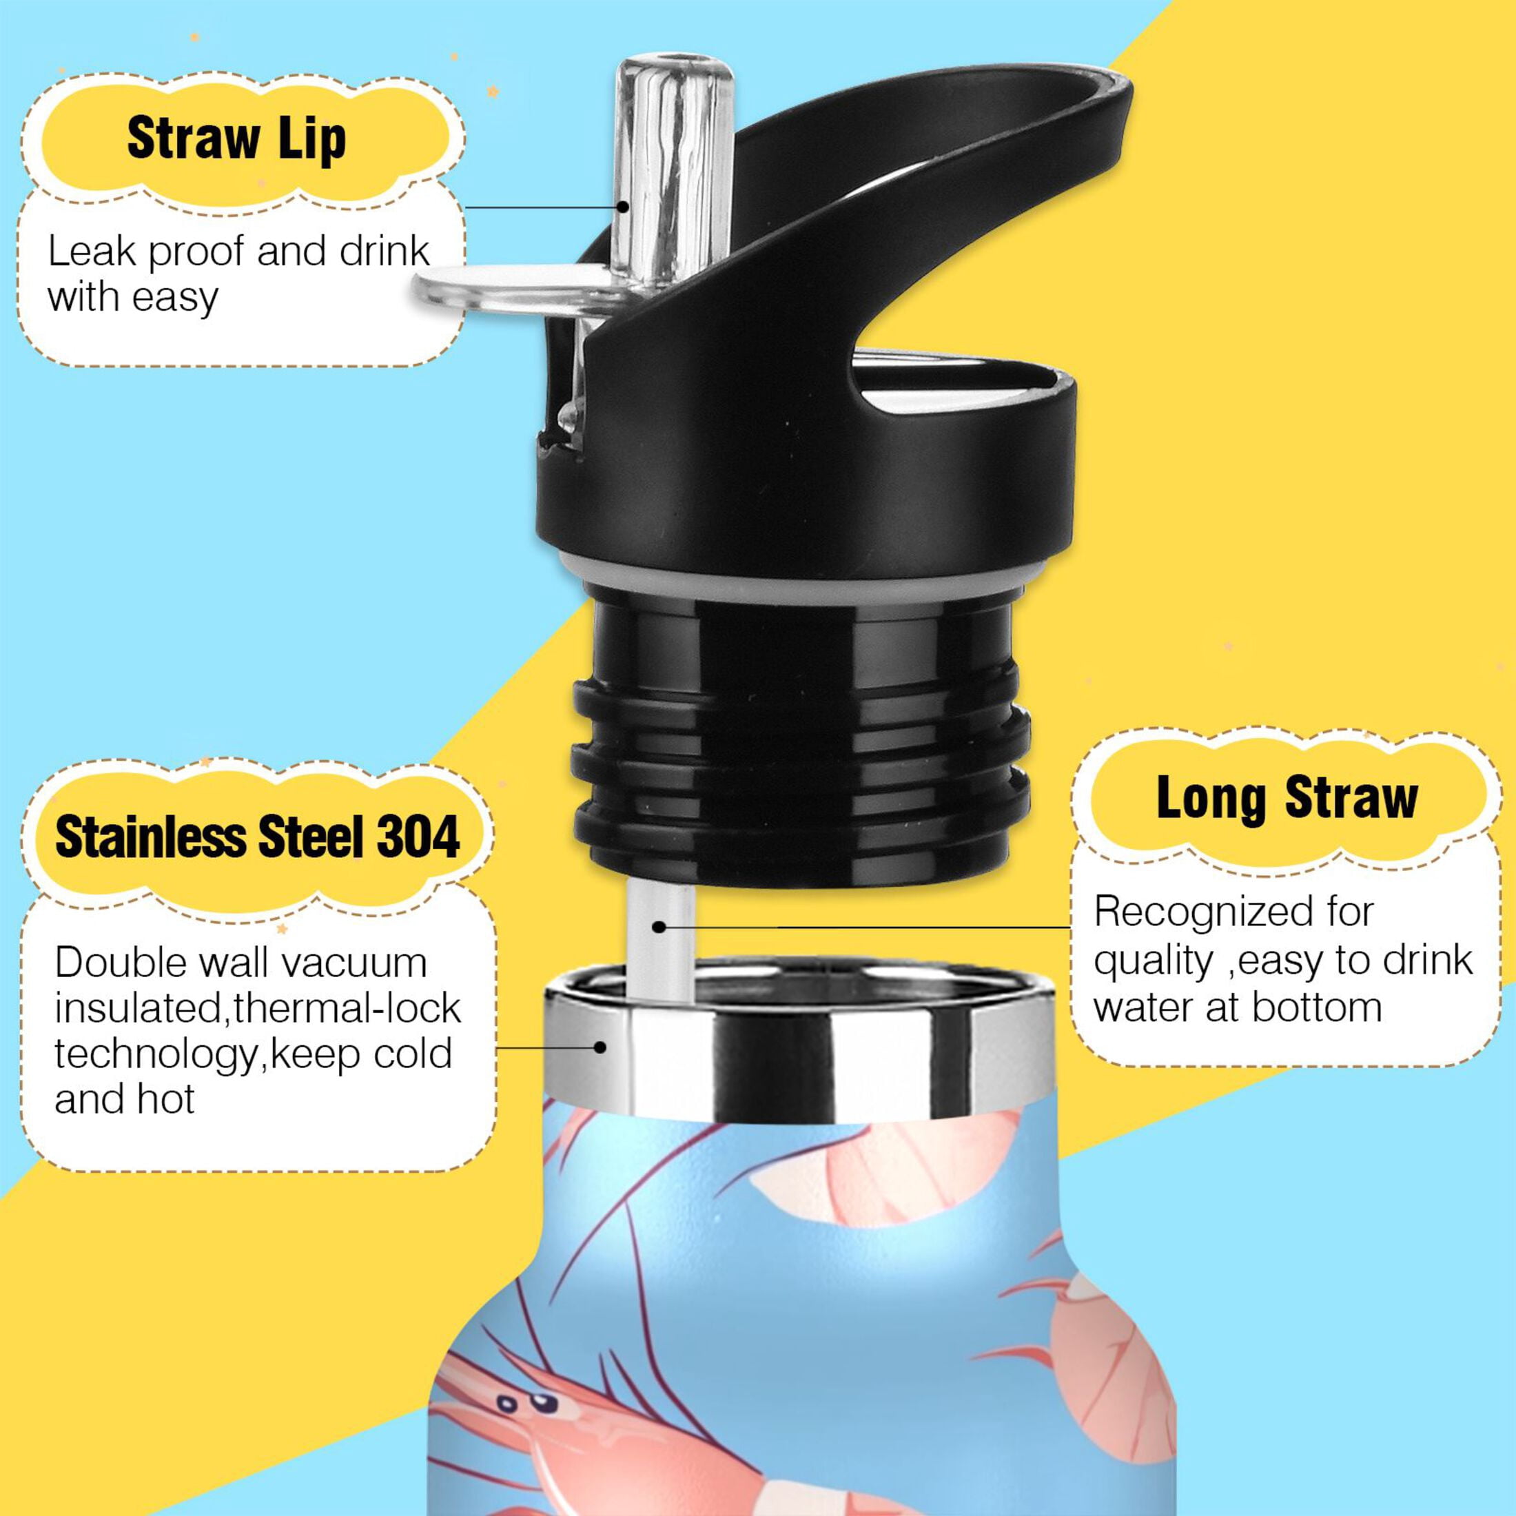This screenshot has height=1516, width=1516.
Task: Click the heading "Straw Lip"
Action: pyautogui.click(x=236, y=140)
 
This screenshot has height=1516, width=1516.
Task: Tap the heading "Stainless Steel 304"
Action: pyautogui.click(x=257, y=837)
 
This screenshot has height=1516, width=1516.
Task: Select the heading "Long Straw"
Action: pyautogui.click(x=1287, y=799)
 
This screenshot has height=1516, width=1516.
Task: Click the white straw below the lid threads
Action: pyautogui.click(x=661, y=938)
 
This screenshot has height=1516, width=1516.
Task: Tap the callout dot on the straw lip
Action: pyautogui.click(x=623, y=206)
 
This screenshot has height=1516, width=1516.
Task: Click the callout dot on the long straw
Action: pyautogui.click(x=659, y=928)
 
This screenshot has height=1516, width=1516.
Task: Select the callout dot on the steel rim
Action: pyautogui.click(x=601, y=1047)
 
